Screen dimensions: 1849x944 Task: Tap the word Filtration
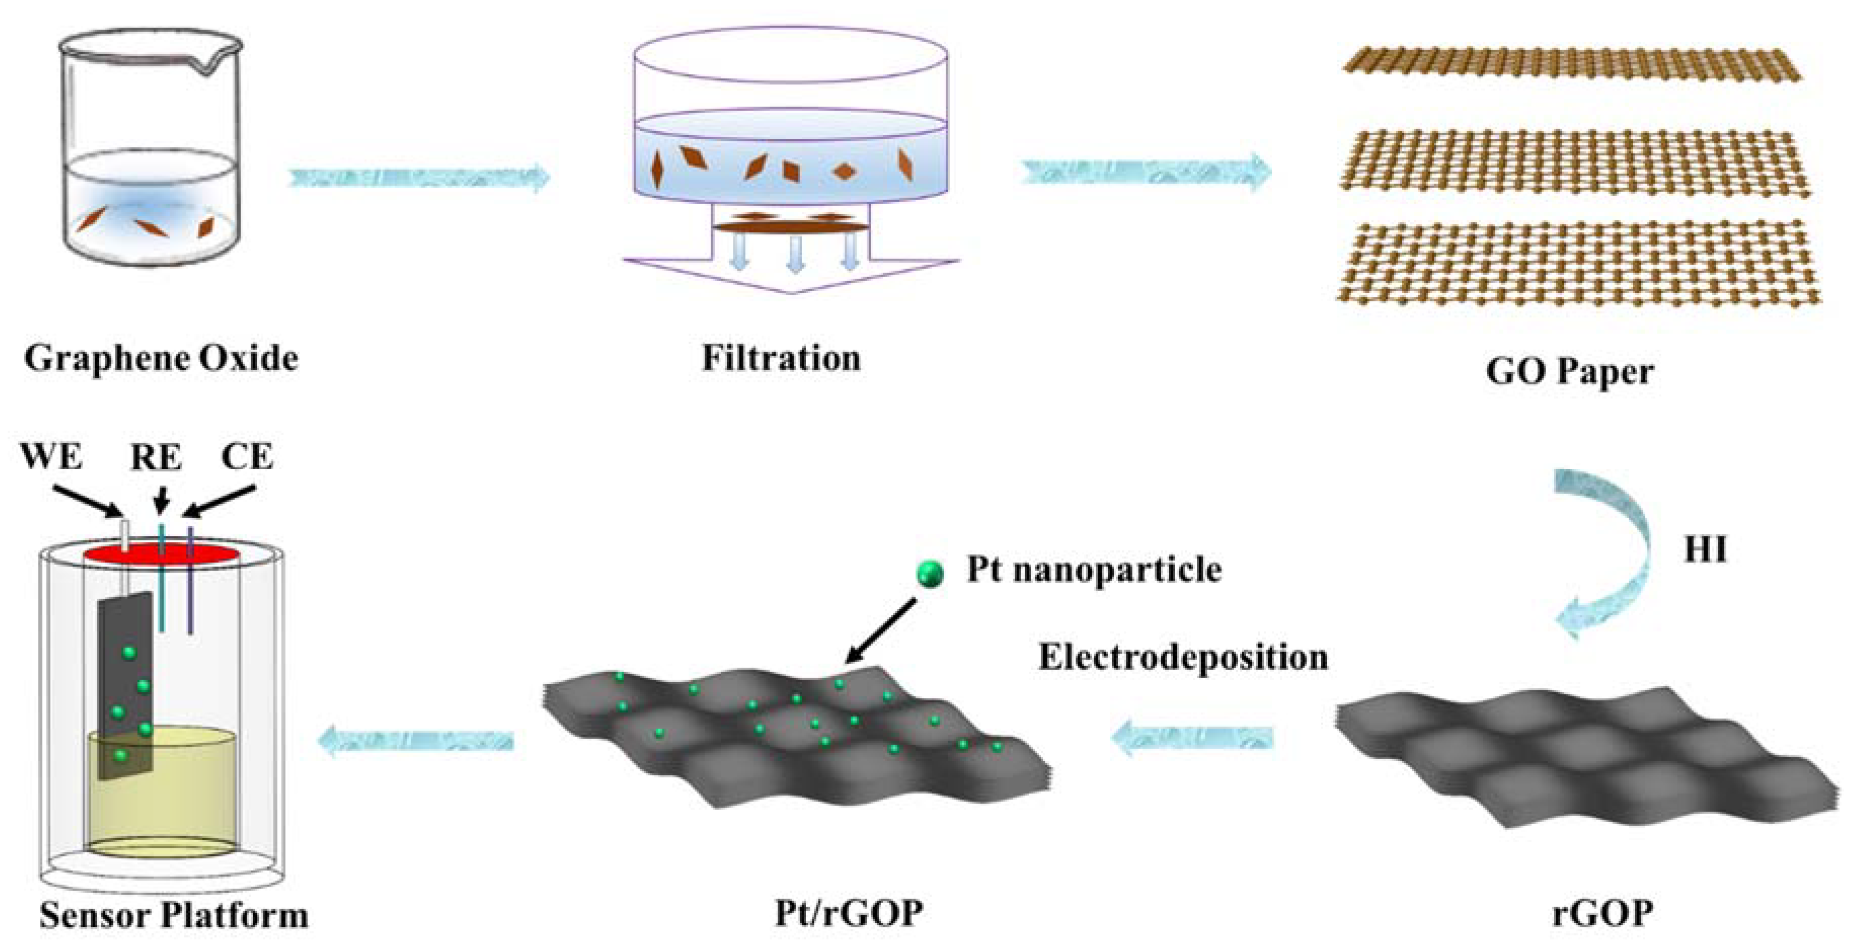[781, 358]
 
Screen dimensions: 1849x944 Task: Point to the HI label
[1706, 550]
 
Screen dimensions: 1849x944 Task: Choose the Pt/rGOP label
[848, 914]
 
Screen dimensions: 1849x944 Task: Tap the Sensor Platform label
[174, 915]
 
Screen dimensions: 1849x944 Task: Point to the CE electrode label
[248, 457]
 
